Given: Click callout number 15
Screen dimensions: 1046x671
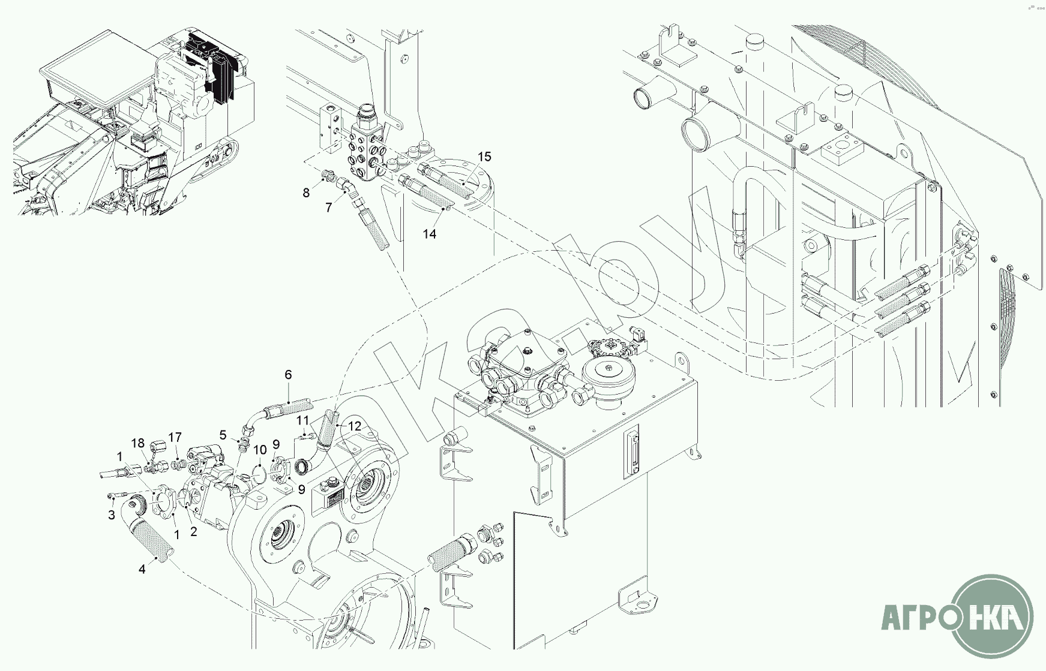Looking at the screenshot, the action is (484, 157).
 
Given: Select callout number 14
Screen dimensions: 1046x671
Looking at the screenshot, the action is (429, 234).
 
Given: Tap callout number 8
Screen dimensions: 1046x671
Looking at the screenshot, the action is (306, 192).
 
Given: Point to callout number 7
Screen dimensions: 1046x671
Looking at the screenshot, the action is (328, 207).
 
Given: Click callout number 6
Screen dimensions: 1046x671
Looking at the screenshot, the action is (288, 375).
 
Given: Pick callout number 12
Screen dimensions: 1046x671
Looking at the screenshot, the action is (355, 426).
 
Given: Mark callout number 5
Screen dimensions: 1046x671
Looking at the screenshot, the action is (223, 435).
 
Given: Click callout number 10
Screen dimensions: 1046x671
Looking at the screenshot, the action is (259, 450).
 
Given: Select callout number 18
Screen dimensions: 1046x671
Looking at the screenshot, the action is (138, 443).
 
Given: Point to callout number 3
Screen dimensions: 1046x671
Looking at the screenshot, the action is (111, 515).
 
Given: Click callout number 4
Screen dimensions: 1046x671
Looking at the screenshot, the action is (142, 569).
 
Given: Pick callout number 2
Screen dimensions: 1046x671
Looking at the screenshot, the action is (193, 531).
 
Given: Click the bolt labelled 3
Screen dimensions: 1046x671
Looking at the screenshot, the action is (118, 496).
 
